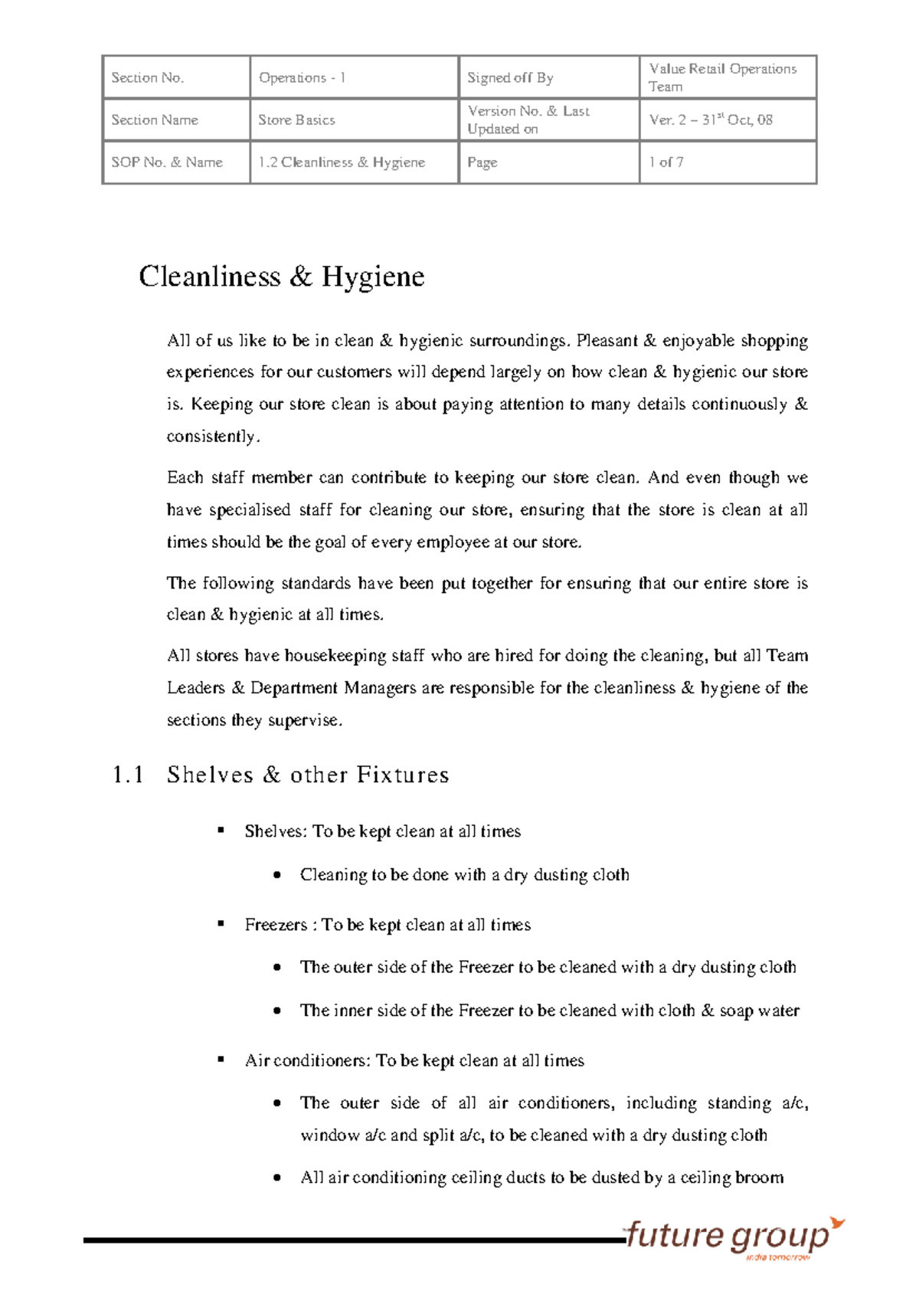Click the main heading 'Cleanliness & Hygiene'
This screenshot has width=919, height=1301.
click(x=281, y=277)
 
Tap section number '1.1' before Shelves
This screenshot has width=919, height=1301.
click(x=128, y=775)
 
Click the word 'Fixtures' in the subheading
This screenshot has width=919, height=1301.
click(x=403, y=775)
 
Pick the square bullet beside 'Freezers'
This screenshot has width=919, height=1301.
click(x=221, y=923)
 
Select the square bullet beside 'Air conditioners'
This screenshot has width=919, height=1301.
click(x=221, y=1059)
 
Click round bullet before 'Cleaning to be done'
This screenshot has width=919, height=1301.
click(x=277, y=875)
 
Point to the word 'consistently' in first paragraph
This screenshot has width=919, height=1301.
click(x=211, y=436)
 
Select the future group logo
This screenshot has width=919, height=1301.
click(x=728, y=1237)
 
